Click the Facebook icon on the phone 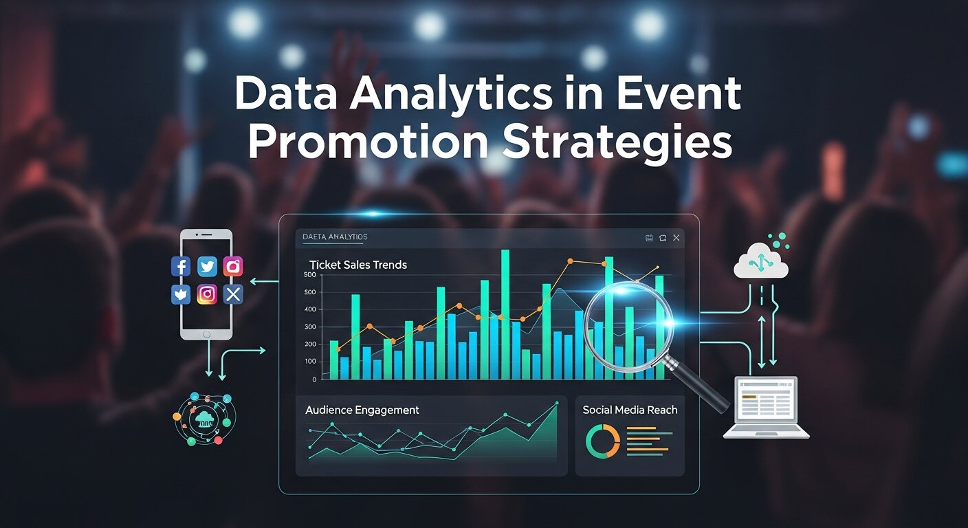click(181, 267)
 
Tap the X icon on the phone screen click(234, 294)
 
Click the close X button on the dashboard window click(676, 238)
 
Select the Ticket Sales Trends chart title click(358, 265)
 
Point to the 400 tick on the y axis click(309, 309)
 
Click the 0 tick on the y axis click(314, 379)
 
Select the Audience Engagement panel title click(362, 410)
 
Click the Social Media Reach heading click(630, 410)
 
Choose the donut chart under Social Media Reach click(602, 441)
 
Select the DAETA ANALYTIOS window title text click(335, 237)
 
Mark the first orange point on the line click(338, 349)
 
